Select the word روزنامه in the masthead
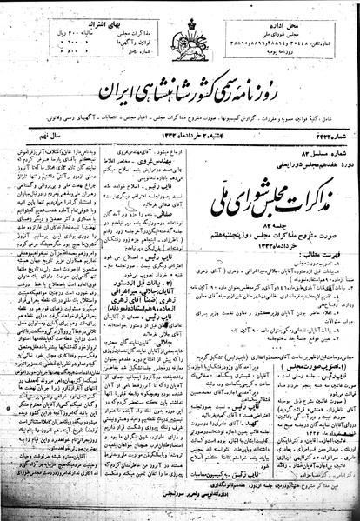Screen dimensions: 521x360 click(291, 70)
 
